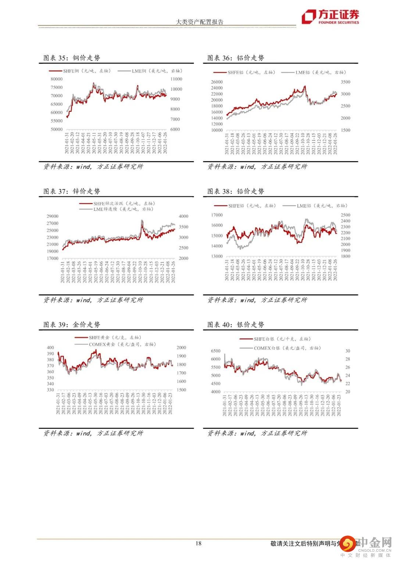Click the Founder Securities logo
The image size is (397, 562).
330,17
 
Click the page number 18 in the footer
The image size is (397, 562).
198,543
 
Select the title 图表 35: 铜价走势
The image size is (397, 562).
72,58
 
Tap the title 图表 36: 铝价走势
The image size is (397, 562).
236,58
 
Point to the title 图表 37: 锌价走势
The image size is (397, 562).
72,191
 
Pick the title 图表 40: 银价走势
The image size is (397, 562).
236,324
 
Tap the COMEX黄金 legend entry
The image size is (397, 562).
122,344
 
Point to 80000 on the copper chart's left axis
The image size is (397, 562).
57,79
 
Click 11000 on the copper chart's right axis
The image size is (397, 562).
176,79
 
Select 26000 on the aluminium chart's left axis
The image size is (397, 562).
217,82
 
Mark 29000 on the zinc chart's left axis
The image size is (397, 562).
53,216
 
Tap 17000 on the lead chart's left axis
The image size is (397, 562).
217,215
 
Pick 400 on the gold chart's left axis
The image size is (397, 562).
50,347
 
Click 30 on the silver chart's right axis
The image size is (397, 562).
348,351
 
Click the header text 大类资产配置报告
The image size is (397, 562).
200,22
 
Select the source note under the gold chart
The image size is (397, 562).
93,433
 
